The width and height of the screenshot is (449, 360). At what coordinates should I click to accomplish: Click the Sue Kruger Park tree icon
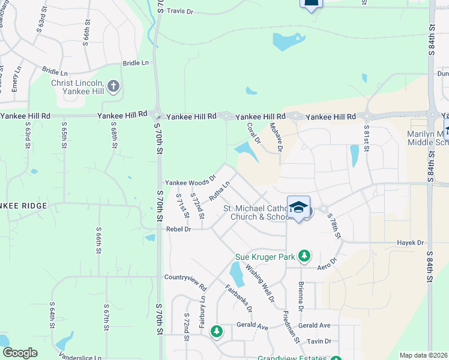[x=304, y=256]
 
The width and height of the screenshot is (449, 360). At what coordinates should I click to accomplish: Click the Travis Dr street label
[x=180, y=11]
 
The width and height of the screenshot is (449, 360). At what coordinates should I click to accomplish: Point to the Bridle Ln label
[x=135, y=62]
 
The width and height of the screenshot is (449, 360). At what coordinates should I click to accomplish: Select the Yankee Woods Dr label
[x=190, y=182]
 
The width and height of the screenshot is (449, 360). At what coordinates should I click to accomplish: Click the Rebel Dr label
[x=178, y=229]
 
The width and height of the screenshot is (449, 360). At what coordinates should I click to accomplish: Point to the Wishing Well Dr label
[x=260, y=285]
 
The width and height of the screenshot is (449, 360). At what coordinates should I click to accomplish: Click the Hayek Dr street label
[x=411, y=243]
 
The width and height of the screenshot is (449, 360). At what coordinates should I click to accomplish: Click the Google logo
[x=20, y=353]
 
